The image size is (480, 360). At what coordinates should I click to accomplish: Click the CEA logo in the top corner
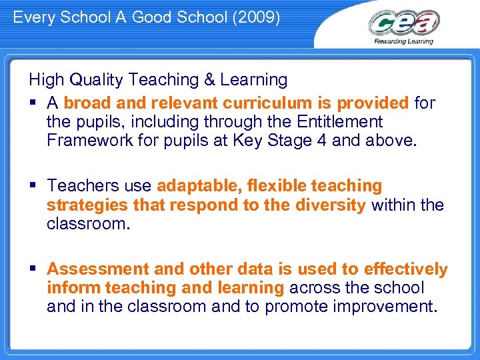(x=404, y=24)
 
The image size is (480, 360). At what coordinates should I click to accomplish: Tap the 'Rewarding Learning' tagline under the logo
(x=404, y=41)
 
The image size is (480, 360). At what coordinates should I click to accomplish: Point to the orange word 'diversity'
(x=331, y=204)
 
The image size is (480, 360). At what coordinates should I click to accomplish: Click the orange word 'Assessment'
(x=98, y=269)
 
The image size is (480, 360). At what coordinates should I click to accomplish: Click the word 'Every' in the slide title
(x=33, y=17)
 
